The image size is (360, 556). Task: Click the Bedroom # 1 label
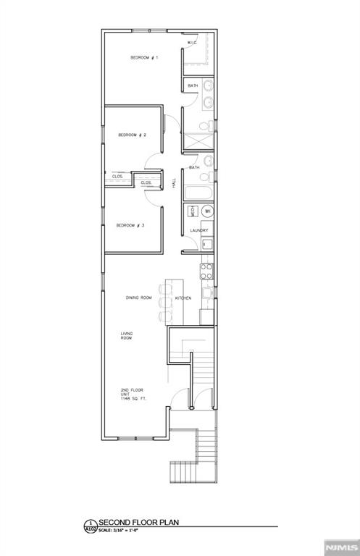click(144, 57)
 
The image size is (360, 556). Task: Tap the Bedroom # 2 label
click(133, 135)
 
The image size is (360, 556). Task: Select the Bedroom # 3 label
click(131, 225)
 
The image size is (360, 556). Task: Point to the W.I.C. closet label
click(192, 43)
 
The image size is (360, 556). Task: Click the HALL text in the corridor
click(174, 184)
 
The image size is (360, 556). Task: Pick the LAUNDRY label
click(199, 231)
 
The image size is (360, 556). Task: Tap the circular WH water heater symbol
click(207, 211)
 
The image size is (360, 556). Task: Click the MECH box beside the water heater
click(192, 211)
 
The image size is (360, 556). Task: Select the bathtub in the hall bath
click(198, 193)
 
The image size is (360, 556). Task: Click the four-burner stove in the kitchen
click(206, 271)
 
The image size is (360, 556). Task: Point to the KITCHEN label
click(183, 298)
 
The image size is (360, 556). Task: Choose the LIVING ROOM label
click(127, 336)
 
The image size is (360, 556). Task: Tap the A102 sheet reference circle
click(91, 526)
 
